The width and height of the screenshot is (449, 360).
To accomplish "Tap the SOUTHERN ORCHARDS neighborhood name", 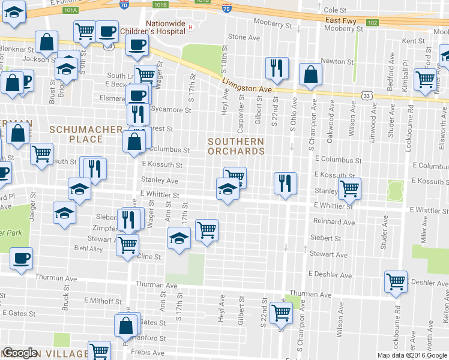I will [x=236, y=146].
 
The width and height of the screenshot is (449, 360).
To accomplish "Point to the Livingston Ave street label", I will [x=247, y=85].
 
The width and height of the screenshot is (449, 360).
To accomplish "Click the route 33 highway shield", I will [x=367, y=95].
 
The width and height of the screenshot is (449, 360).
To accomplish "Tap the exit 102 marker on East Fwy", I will [x=372, y=23].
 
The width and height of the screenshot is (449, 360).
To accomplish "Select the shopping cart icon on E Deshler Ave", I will [x=396, y=281].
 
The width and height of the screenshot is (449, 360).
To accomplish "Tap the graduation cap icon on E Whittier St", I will [x=228, y=189].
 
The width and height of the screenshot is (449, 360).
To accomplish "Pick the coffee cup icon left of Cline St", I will [x=21, y=259].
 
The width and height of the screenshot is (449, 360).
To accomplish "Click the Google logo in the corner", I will [x=19, y=353].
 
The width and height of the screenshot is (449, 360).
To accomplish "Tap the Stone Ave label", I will [x=244, y=37].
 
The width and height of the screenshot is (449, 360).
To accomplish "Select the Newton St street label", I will [x=337, y=61].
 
